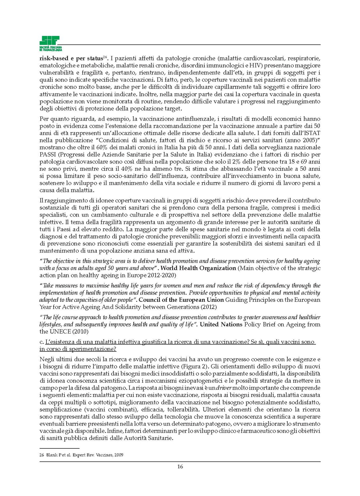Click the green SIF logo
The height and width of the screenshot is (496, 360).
click(x=50, y=43)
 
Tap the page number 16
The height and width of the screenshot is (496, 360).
click(x=180, y=467)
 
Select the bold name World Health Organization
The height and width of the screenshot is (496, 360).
click(x=198, y=268)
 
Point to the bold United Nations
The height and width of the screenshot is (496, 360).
click(x=221, y=324)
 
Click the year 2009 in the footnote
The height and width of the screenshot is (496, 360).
click(x=119, y=455)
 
